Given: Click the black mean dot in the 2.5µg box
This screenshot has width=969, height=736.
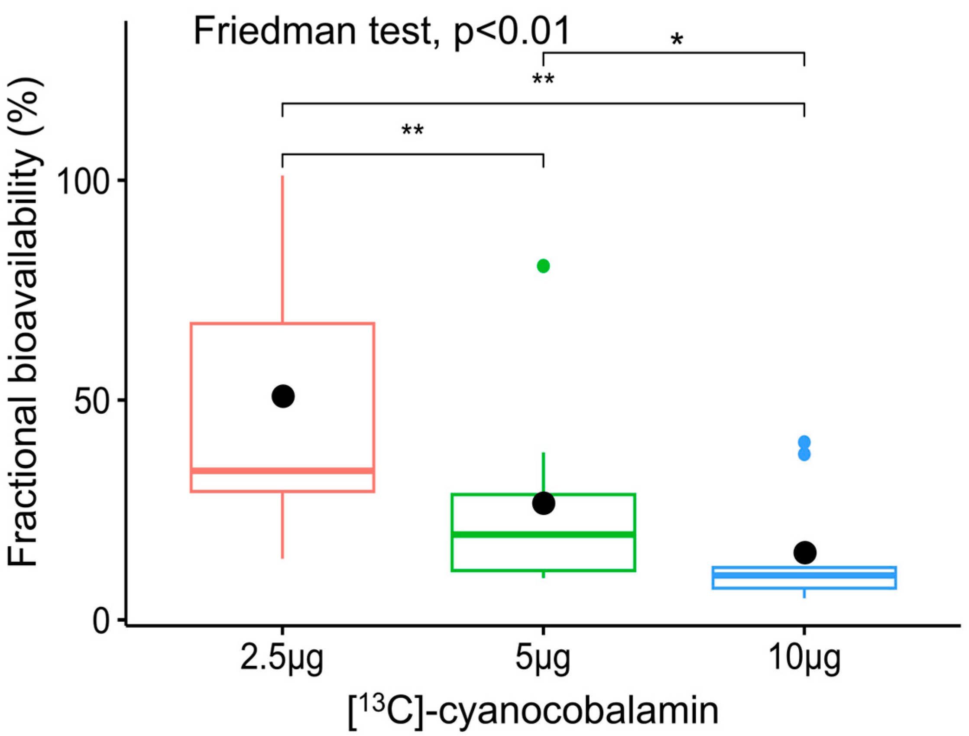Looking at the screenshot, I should coord(283,396).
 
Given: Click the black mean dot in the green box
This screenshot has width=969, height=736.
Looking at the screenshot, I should coord(543,503).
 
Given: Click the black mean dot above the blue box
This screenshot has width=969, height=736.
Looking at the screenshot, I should coord(805,552).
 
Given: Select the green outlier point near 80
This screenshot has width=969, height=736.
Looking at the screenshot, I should coord(543,266).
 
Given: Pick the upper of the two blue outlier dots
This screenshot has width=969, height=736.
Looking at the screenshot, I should coord(804,441).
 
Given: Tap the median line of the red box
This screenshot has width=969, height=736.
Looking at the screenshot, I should coord(282,471).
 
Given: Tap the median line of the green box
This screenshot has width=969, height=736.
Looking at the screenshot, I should coord(543,535).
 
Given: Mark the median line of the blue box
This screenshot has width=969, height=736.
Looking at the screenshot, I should coord(804,575).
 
